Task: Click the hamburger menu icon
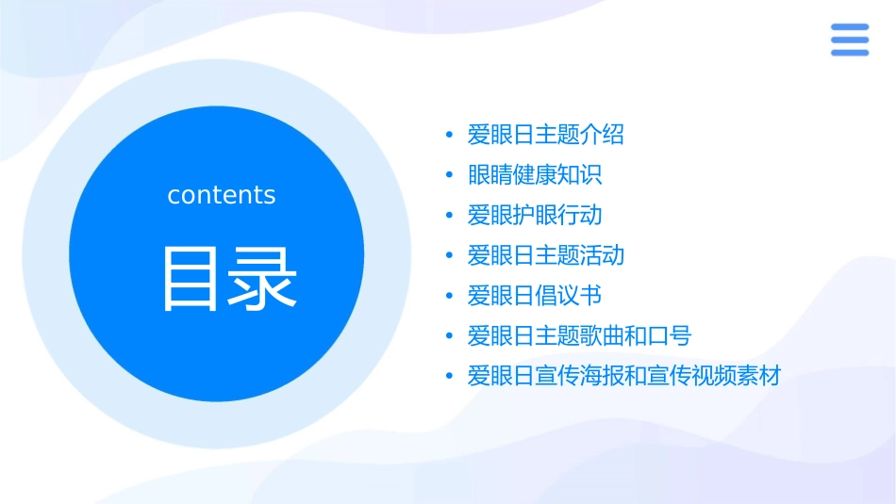coord(849,40)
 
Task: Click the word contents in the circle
coord(222,195)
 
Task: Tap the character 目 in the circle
coord(191,279)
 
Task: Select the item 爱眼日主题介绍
coord(546,135)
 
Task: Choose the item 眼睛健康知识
coord(535,175)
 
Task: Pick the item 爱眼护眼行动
coord(535,216)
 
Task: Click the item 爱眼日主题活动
coord(546,256)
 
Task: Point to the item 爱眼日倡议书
coord(535,297)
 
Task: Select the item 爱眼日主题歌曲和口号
coord(579,336)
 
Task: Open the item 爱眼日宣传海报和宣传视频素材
coord(624,377)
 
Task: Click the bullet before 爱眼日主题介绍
coord(449,136)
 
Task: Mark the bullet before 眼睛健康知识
coord(449,176)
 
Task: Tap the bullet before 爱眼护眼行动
coord(449,217)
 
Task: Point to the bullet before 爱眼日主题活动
coord(449,256)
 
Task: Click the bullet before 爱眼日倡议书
coord(449,297)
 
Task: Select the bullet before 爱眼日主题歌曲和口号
coord(449,337)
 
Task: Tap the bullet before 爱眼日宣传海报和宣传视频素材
coord(449,378)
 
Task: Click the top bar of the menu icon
coord(849,27)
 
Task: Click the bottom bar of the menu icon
coord(849,52)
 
